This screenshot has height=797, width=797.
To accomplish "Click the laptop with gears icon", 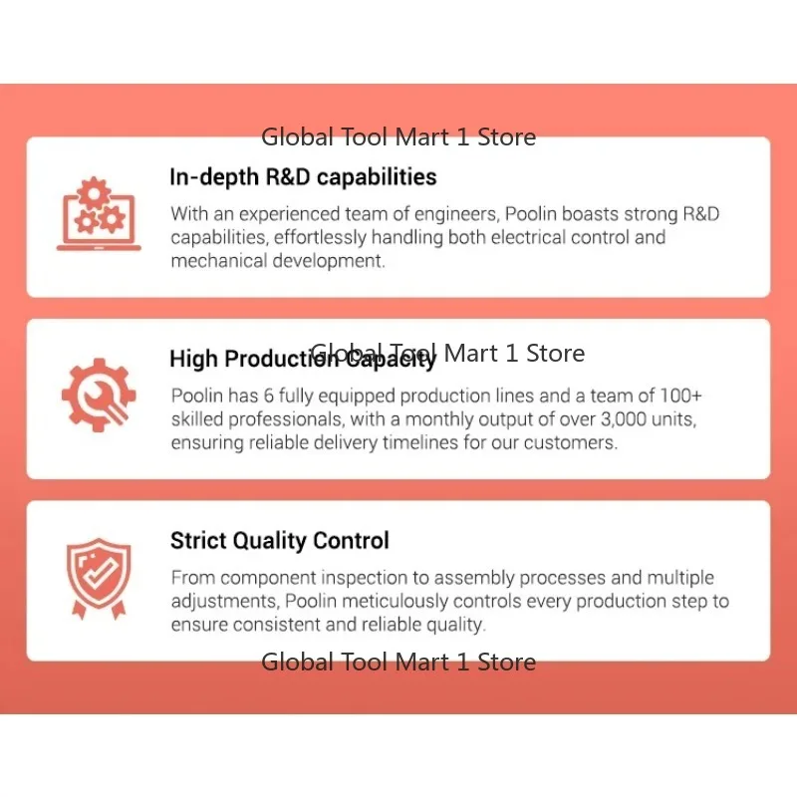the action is [99, 214].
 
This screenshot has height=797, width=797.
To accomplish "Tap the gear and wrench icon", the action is [99, 395].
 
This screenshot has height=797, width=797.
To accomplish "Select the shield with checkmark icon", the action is [99, 579].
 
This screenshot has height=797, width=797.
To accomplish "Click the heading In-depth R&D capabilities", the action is [303, 177].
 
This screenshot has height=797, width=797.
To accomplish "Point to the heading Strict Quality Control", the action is [280, 541].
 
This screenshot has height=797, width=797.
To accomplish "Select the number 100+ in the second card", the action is [680, 396].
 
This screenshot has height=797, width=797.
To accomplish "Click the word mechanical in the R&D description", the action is [218, 261].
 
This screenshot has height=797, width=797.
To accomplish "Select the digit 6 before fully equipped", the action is [268, 396].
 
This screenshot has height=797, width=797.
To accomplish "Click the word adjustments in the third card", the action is [225, 602].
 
